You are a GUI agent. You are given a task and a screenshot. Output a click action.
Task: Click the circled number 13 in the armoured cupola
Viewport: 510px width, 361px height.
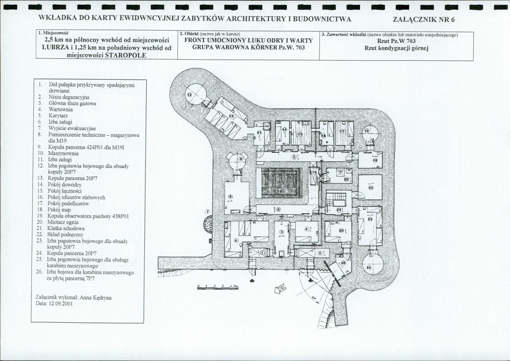pyautogui.click(x=190, y=94)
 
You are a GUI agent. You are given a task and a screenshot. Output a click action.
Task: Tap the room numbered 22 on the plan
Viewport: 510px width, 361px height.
pyautogui.click(x=370, y=187)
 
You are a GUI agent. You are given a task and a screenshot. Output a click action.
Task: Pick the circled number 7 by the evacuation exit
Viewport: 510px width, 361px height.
pyautogui.click(x=208, y=211)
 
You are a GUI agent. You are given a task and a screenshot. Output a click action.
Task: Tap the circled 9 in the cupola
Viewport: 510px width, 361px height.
pyautogui.click(x=241, y=159)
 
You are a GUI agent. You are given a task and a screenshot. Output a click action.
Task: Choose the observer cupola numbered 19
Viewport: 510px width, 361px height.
pyautogui.click(x=367, y=132)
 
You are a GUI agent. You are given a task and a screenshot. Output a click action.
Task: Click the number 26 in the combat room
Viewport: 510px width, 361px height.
pyautogui.click(x=343, y=263)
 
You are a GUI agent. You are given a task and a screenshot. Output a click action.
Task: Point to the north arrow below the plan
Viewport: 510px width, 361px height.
pyautogui.click(x=281, y=290)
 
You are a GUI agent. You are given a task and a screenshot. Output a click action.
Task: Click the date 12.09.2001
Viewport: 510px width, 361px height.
pyautogui.click(x=60, y=304)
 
